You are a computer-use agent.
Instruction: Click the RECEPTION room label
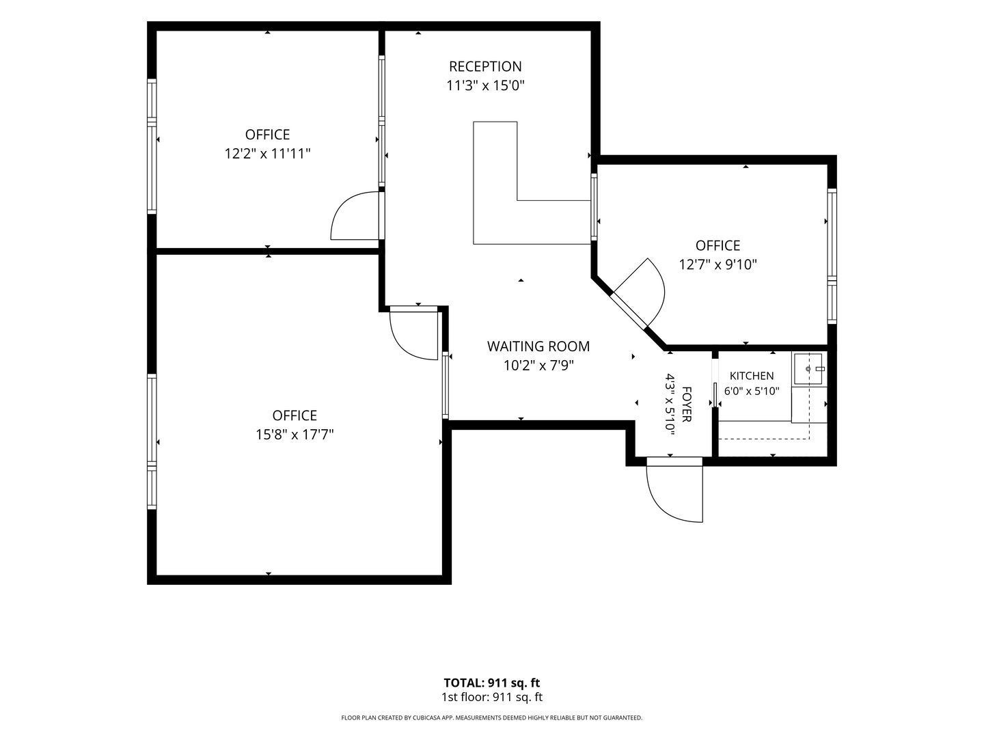tap(485, 66)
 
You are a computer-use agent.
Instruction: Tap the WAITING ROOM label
tap(538, 346)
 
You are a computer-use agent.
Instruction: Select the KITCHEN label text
tap(752, 376)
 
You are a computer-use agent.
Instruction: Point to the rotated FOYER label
tap(686, 404)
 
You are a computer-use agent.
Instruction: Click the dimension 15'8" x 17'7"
tap(295, 434)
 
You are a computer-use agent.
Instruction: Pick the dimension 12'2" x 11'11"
tap(267, 154)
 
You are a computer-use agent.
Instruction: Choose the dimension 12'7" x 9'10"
tap(717, 264)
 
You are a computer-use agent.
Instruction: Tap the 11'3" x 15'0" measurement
tap(485, 85)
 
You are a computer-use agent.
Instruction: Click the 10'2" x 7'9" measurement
tap(538, 366)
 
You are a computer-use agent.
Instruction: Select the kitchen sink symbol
tap(808, 368)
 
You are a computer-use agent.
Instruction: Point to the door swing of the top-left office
tap(355, 216)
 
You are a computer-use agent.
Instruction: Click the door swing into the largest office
tap(413, 333)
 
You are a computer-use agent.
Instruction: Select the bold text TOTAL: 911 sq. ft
tap(491, 683)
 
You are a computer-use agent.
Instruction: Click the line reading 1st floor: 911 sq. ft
tap(492, 697)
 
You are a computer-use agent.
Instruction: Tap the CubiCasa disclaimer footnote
tap(492, 717)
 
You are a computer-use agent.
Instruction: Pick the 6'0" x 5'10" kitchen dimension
tap(752, 391)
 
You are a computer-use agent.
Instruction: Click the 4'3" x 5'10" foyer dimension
tap(670, 405)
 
